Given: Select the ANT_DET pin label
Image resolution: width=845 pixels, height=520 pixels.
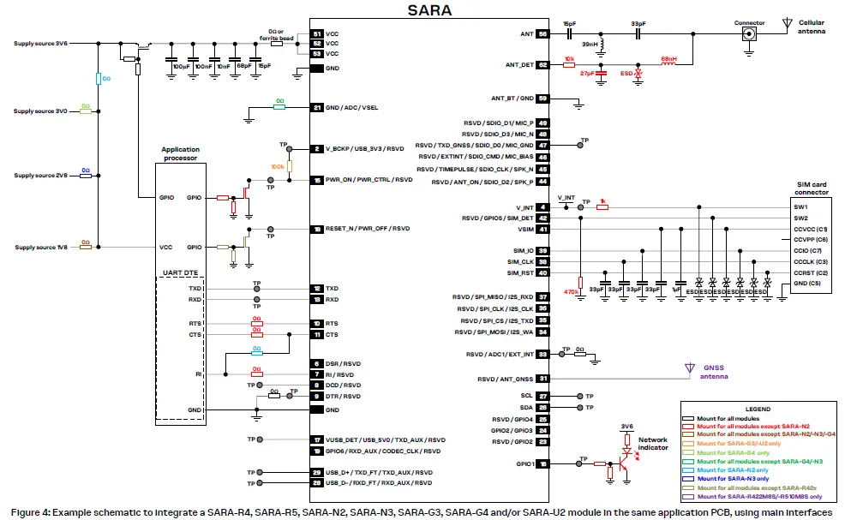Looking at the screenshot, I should [519, 64].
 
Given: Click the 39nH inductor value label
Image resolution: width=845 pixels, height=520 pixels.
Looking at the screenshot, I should [590, 45].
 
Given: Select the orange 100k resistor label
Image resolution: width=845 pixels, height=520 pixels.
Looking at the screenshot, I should [277, 166].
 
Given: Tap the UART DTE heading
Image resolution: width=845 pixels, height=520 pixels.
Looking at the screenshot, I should [179, 272].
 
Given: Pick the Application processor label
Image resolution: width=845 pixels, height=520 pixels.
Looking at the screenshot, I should [179, 153].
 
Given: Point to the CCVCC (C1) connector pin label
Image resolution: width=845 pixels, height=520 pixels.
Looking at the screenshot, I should [810, 230].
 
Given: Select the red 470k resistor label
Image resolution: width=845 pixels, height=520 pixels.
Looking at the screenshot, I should [570, 291].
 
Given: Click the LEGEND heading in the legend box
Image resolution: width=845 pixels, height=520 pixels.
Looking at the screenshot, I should [758, 409].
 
